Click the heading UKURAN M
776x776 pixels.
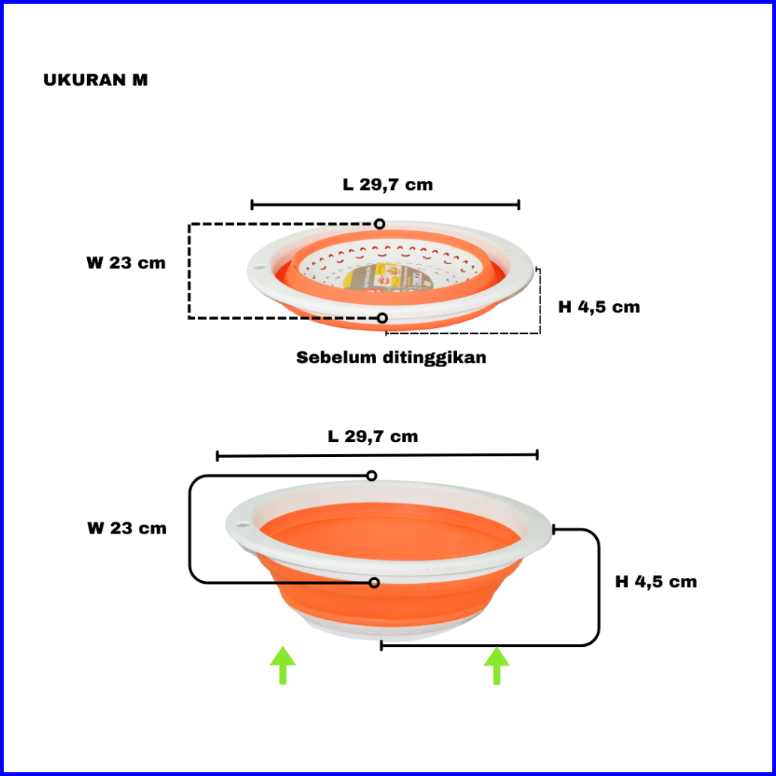[95, 80]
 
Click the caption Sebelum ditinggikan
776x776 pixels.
[391, 357]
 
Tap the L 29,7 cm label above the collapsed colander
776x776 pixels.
[387, 184]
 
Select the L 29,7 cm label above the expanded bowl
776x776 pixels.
[372, 436]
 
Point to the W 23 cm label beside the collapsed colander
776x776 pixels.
[125, 263]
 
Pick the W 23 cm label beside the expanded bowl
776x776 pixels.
[126, 528]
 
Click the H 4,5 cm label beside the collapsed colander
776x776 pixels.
[599, 306]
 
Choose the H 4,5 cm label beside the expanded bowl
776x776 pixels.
[655, 582]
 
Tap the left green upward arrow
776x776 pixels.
[282, 665]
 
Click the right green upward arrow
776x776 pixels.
[496, 666]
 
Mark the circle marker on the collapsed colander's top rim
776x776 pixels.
[380, 224]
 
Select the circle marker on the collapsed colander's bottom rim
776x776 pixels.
[382, 318]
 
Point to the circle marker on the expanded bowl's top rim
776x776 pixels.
[371, 476]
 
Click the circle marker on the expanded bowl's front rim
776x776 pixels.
[374, 582]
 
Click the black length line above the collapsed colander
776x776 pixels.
[385, 204]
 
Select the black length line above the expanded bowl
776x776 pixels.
[377, 456]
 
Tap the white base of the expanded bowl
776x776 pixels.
[375, 629]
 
